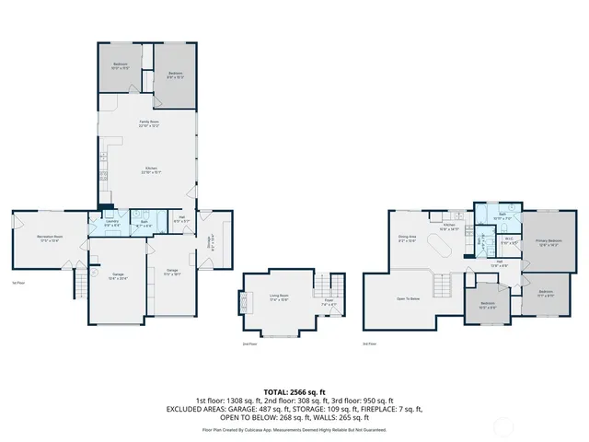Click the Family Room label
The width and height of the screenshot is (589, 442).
[x=148, y=123]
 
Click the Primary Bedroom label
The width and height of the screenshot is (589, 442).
[x=549, y=243]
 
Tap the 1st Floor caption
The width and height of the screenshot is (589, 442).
[x=17, y=283]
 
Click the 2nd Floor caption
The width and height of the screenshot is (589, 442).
[x=248, y=343]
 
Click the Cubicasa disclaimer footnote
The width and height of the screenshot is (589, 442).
[x=294, y=430]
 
